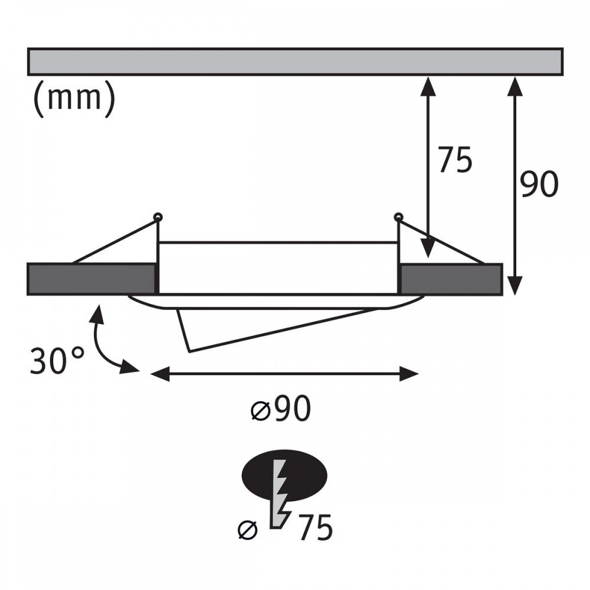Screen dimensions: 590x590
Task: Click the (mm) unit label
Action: [74, 99]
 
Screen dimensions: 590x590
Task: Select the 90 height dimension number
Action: [539, 184]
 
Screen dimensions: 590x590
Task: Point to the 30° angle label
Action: [57, 361]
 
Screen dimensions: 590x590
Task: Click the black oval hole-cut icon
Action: [284, 475]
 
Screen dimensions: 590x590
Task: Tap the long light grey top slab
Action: [295, 62]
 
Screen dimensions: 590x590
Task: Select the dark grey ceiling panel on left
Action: [91, 279]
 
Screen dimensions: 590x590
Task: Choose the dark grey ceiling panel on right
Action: [451, 279]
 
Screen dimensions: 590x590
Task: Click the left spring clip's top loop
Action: [158, 217]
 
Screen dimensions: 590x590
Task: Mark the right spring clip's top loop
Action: [398, 217]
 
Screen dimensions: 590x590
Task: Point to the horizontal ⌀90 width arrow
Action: [284, 374]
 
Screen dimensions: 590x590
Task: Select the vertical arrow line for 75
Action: [428, 167]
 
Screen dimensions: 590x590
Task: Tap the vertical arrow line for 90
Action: [514, 186]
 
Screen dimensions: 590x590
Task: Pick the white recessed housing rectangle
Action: [278, 268]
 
